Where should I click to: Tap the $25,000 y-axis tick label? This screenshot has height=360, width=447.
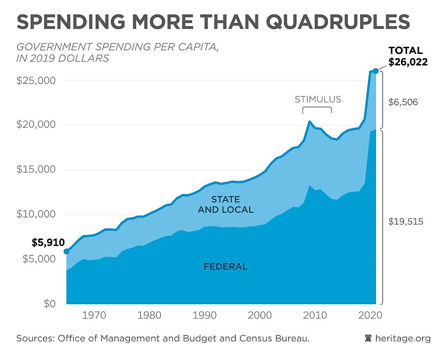coord(36,80)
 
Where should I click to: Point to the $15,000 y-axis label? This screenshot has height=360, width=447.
coord(36,170)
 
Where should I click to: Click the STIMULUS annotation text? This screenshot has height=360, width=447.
coord(318,99)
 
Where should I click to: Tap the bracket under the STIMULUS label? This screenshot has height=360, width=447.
coord(317,110)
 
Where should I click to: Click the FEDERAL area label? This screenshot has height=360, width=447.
coord(225,267)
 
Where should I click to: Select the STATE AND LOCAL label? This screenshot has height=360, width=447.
coord(225,205)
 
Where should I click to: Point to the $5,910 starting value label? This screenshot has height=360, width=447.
coord(48,242)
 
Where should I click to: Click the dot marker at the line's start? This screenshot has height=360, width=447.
coord(66,251)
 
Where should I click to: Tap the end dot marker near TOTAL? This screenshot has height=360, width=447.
coord(375,71)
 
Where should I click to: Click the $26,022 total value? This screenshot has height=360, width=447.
coord(408,62)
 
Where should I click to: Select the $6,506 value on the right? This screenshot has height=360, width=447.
coord(403,102)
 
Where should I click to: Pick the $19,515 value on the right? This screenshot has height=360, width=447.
coord(406,221)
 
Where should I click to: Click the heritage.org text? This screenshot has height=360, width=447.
coord(403,339)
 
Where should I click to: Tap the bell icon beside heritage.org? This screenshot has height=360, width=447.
coord(368,339)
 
